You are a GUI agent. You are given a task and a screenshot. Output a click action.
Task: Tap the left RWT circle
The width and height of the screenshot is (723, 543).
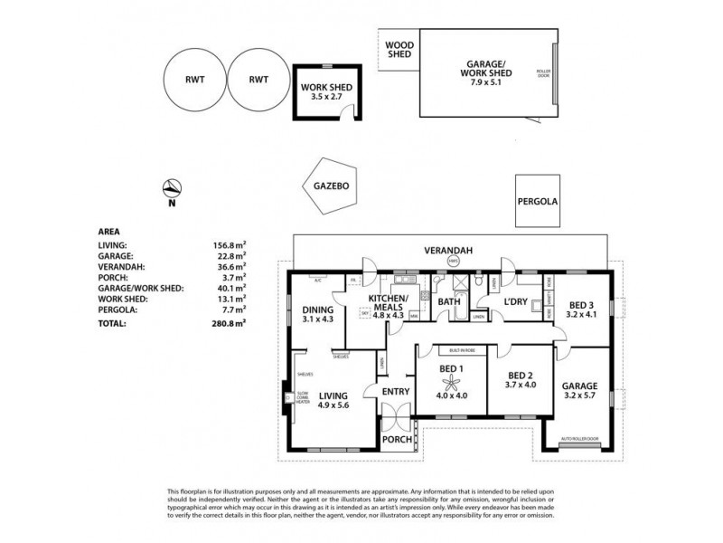click(193, 80)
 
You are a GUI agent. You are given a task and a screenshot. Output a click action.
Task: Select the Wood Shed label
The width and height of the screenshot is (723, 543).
click(399, 49)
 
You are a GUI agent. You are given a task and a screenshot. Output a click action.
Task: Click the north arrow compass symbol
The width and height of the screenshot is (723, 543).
click(170, 189)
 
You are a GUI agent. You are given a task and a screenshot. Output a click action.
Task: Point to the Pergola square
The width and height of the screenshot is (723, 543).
click(540, 202)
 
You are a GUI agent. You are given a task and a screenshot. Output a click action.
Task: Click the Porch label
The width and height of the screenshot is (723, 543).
click(398, 440)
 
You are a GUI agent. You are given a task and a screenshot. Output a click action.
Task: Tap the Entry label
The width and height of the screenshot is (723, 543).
click(396, 391)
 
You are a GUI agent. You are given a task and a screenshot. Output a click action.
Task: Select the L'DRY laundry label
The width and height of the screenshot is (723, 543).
click(516, 299)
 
